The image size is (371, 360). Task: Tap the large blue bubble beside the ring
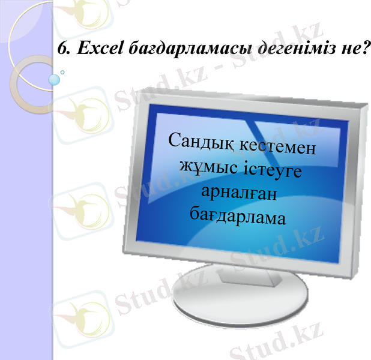55,79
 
